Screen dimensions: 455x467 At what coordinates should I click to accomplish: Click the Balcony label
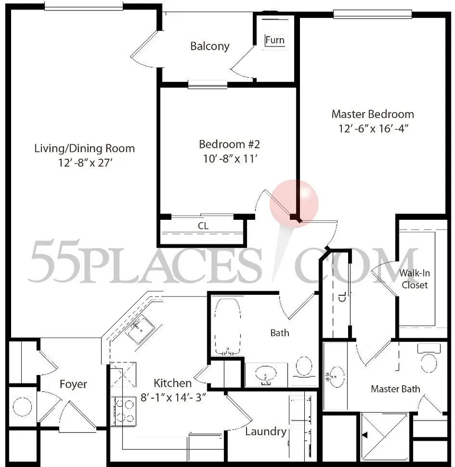[210, 46]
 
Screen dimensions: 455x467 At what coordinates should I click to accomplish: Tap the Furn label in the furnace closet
[275, 40]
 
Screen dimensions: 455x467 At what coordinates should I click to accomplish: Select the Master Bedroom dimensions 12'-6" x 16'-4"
[373, 128]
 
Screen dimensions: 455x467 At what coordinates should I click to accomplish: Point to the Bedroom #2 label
[230, 144]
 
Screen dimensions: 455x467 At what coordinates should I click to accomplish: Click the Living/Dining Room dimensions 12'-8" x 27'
[85, 163]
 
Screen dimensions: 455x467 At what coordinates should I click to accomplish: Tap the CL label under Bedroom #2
[203, 226]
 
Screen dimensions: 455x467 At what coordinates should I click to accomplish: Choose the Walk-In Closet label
[414, 279]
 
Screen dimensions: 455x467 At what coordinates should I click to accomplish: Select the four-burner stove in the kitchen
[123, 411]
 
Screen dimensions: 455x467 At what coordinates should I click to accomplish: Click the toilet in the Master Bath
[429, 358]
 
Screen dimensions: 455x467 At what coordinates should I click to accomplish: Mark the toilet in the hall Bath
[304, 368]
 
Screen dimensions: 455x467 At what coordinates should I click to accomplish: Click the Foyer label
[73, 384]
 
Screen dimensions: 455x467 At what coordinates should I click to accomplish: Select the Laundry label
[266, 432]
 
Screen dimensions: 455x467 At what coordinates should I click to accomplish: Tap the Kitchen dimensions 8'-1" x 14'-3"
[174, 397]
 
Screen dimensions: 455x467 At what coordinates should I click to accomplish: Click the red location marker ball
[294, 203]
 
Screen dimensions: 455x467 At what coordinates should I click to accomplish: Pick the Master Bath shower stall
[385, 437]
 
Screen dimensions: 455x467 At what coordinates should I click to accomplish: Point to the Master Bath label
[395, 389]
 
